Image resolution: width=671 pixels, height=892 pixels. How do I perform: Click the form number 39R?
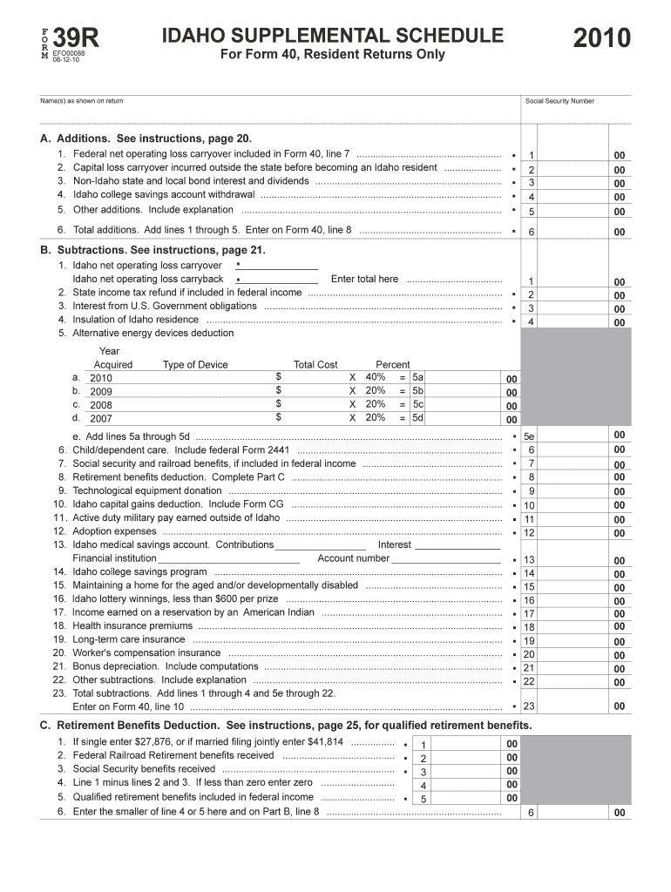tap(77, 38)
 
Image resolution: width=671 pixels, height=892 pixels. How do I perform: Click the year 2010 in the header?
tap(602, 38)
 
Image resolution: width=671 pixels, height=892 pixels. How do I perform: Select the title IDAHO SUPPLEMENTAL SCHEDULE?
tap(332, 36)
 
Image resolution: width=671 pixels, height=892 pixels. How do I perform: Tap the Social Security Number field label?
tap(559, 101)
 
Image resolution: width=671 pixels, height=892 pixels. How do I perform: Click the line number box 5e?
tap(529, 436)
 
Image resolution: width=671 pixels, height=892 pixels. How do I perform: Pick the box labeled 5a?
tap(417, 377)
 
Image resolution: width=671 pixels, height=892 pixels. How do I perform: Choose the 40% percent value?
tap(376, 377)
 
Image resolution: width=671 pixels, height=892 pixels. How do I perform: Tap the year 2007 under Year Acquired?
tap(101, 418)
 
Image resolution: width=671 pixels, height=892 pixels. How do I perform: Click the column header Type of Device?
tap(195, 365)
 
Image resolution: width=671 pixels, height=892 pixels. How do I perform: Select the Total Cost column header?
tap(315, 365)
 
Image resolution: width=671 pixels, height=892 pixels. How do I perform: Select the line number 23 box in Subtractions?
tap(529, 706)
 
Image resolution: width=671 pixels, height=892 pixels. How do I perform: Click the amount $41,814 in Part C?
tap(322, 742)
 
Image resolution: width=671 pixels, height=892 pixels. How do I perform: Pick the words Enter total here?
tap(364, 279)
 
